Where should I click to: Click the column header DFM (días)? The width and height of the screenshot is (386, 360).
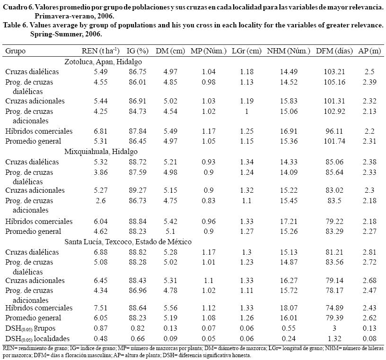335,51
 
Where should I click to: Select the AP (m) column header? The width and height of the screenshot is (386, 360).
370,51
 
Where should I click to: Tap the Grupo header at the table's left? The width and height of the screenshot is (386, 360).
16,51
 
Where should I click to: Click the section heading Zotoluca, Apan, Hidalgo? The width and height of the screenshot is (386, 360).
103,61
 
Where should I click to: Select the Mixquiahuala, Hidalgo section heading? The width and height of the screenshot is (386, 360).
101,152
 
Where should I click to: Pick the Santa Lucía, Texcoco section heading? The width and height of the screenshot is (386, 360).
128,242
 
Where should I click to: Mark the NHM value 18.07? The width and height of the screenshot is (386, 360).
289,308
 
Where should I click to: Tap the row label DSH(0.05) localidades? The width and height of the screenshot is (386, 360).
37,339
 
